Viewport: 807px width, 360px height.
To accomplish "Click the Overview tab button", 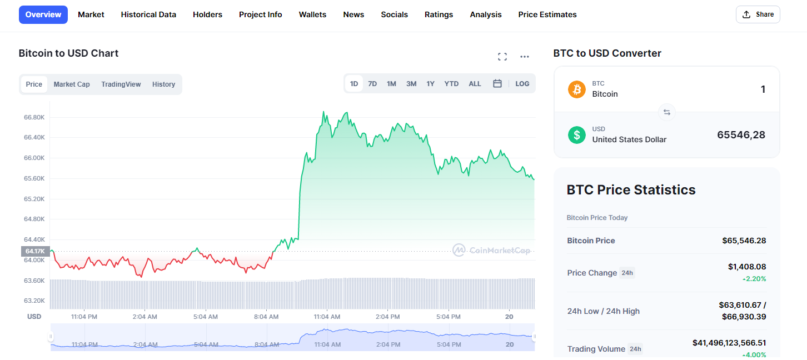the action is point(43,15).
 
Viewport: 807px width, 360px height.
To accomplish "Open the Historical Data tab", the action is point(148,15).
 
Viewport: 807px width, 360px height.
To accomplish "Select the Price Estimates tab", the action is point(547,15).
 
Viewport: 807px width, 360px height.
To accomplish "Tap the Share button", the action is point(758,14).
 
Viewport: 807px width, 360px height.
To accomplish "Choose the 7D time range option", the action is point(372,84).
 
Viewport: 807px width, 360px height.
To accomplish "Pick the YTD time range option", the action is point(451,84).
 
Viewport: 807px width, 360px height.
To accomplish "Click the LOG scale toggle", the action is point(522,84).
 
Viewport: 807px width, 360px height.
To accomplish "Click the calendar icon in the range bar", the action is point(497,83).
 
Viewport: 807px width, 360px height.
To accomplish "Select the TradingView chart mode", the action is point(121,84).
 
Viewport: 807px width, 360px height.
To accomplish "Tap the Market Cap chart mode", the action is point(72,84).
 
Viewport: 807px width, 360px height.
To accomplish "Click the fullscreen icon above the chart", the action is point(502,57).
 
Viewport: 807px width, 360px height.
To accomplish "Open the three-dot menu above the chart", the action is point(525,57).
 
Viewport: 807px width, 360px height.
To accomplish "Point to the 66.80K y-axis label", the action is point(34,117).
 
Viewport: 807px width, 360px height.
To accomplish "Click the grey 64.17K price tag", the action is point(35,251).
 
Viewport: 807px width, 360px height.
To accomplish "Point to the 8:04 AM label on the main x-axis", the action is point(266,317).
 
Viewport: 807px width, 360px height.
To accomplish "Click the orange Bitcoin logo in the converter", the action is point(577,89).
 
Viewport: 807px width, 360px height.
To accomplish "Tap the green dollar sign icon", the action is point(577,135).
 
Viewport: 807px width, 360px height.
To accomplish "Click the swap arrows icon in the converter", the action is point(667,112).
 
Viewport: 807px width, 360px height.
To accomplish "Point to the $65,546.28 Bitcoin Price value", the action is point(744,241).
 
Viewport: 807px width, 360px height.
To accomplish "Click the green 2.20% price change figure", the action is point(754,279).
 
